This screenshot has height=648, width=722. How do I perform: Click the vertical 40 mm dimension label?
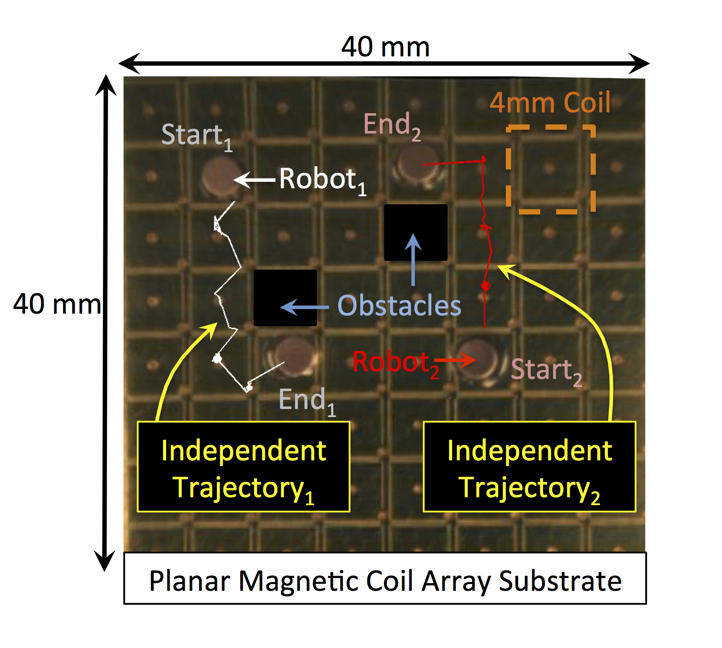pyautogui.click(x=57, y=304)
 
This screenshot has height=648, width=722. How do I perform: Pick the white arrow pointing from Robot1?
pyautogui.click(x=255, y=180)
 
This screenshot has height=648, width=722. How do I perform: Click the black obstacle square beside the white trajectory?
pyautogui.click(x=285, y=298)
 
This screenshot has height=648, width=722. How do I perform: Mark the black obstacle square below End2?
pyautogui.click(x=416, y=233)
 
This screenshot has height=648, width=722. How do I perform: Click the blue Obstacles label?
pyautogui.click(x=399, y=306)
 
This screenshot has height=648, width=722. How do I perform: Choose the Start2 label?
pyautogui.click(x=547, y=371)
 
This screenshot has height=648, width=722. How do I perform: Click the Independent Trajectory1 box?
pyautogui.click(x=244, y=467)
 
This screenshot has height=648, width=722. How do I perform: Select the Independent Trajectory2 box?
pyautogui.click(x=530, y=467)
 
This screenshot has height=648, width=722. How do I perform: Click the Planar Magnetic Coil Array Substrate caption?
pyautogui.click(x=385, y=579)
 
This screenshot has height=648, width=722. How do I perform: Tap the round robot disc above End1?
pyautogui.click(x=295, y=356)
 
